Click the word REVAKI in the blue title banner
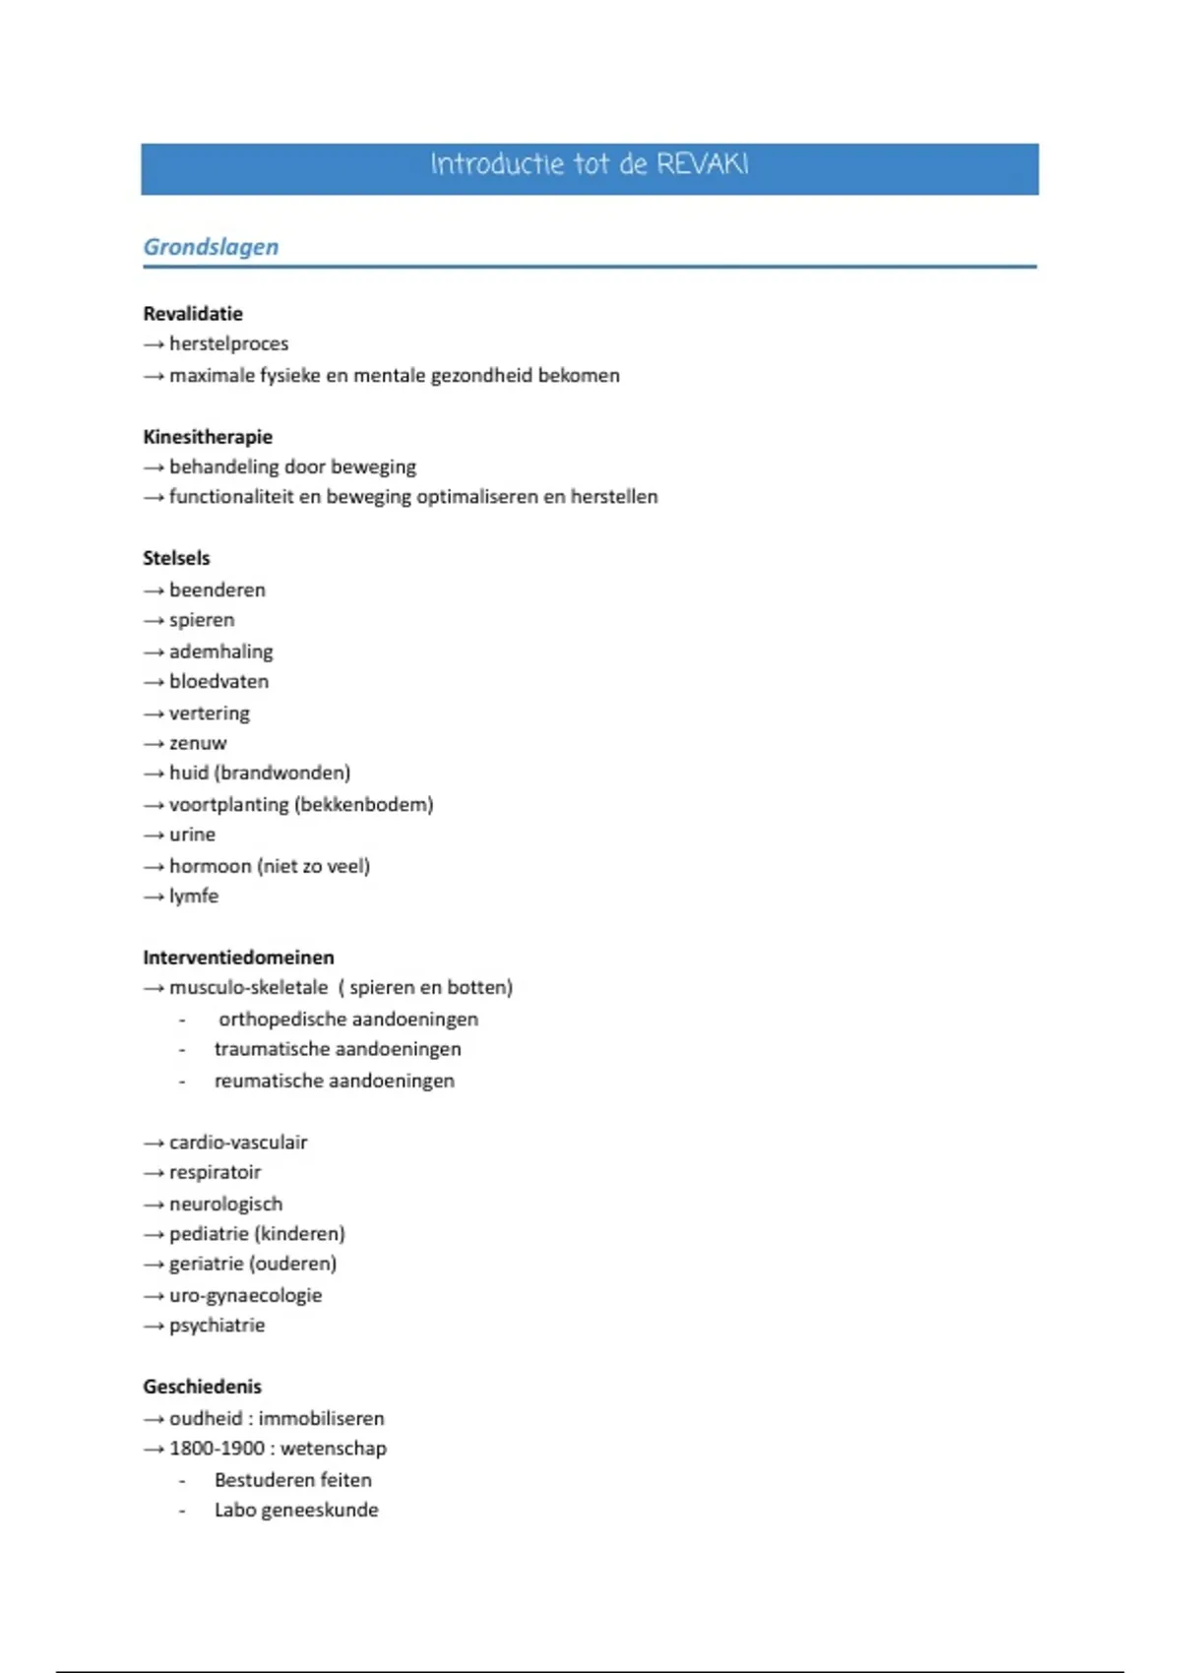(x=702, y=163)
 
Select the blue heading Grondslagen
(x=211, y=247)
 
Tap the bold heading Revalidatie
(x=193, y=314)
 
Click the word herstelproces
(x=228, y=343)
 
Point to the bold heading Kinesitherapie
(x=208, y=437)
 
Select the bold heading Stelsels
(x=176, y=558)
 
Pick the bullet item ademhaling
(x=220, y=651)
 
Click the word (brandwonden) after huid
(x=281, y=774)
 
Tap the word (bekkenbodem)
(x=363, y=805)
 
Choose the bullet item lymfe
(x=194, y=897)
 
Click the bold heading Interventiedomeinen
(x=238, y=958)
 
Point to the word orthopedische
(x=278, y=1020)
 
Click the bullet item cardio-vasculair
(x=238, y=1143)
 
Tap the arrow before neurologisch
(x=153, y=1205)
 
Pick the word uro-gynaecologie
(x=245, y=1296)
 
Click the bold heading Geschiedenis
(x=202, y=1387)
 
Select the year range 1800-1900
(x=217, y=1449)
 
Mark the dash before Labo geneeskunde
(x=182, y=1511)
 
